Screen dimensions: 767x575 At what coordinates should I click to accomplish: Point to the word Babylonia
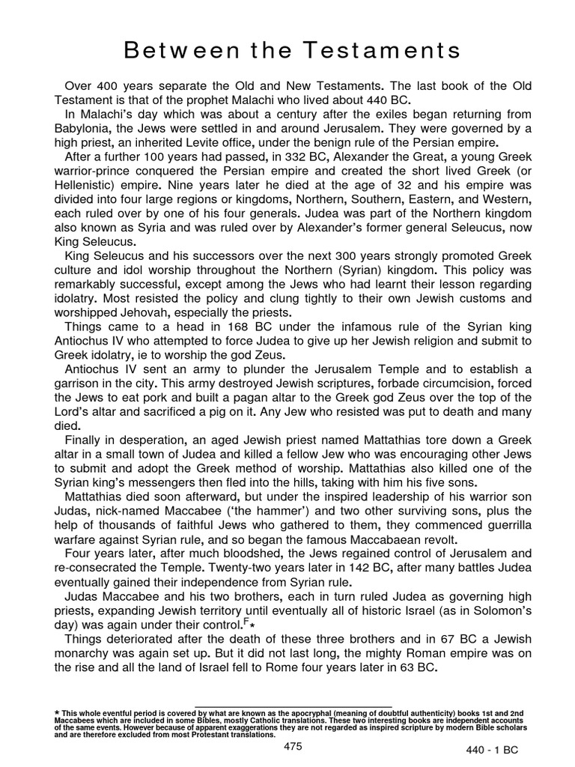point(88,128)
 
